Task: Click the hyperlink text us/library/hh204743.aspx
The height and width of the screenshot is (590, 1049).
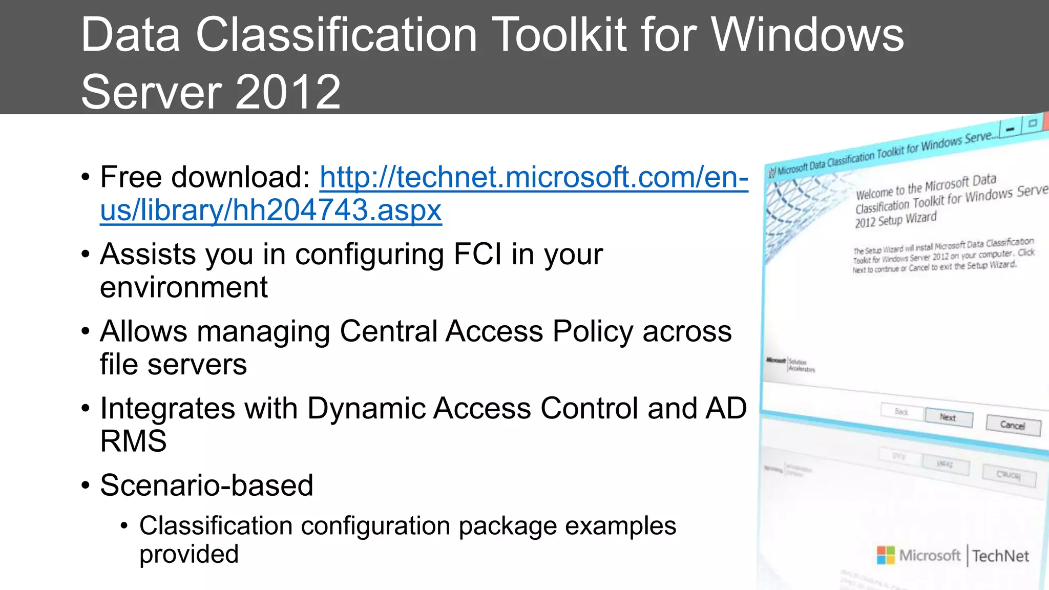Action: (x=270, y=210)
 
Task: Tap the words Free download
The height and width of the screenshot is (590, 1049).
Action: (x=204, y=177)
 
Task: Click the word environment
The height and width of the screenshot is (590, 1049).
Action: (x=183, y=287)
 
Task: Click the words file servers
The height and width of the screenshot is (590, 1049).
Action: (x=173, y=365)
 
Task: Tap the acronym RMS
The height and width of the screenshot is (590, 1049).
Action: (x=133, y=441)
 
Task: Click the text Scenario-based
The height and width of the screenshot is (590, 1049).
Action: (x=206, y=486)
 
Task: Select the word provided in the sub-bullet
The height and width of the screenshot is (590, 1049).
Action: (x=188, y=555)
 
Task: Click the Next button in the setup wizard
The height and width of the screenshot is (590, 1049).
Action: (x=948, y=417)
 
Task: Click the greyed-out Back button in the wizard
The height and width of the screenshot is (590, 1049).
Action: (x=901, y=412)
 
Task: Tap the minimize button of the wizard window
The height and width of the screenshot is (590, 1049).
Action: (x=1010, y=129)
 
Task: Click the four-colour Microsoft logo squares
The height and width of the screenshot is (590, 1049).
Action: (x=886, y=555)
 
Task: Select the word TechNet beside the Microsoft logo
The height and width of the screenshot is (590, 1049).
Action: (x=1000, y=556)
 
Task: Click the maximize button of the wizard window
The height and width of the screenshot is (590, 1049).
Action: (x=1033, y=123)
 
